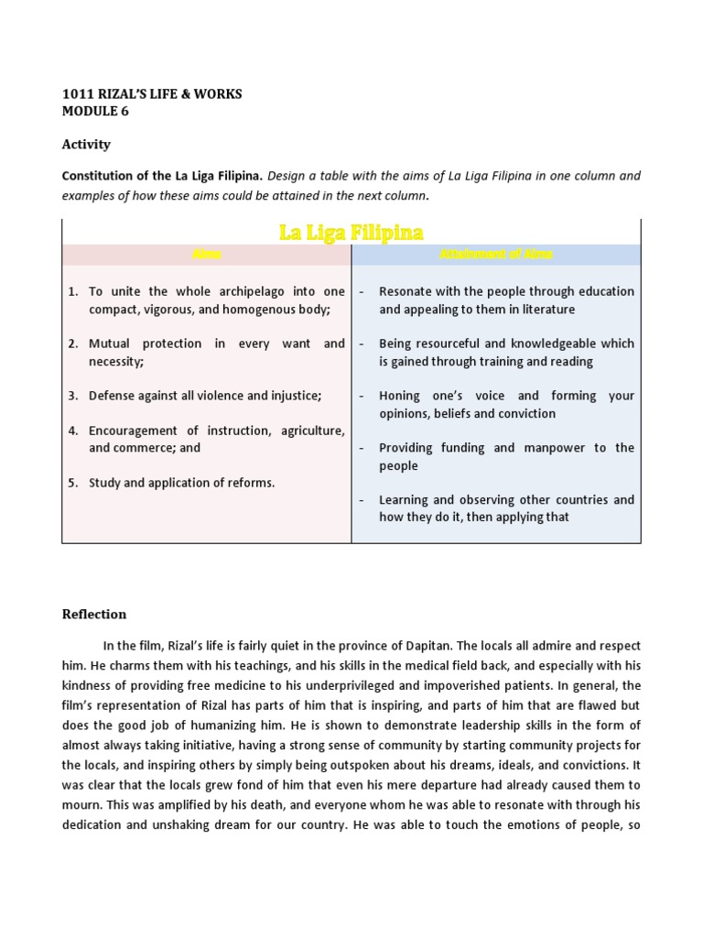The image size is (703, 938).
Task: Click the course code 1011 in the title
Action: click(x=77, y=94)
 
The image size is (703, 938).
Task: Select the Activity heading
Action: click(x=86, y=144)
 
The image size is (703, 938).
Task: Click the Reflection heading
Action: click(x=94, y=614)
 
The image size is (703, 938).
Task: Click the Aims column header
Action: click(x=206, y=255)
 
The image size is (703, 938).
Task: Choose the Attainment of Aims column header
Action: click(x=495, y=255)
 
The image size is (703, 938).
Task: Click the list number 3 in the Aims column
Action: click(x=72, y=396)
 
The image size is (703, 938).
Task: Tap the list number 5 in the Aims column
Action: click(x=72, y=483)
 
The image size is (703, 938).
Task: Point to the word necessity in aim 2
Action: click(x=115, y=362)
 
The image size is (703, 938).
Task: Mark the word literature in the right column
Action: click(x=544, y=310)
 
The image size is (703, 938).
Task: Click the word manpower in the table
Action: click(x=554, y=448)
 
